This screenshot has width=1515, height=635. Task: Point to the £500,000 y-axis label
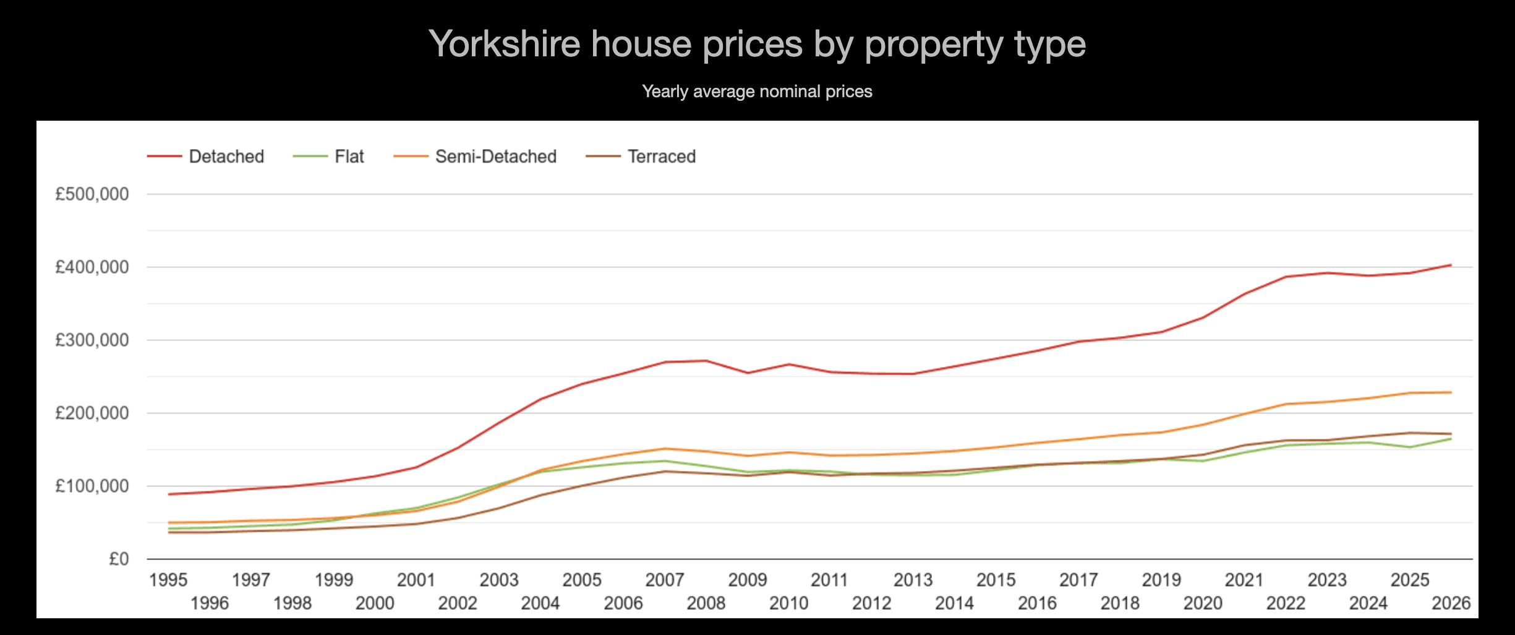pos(92,194)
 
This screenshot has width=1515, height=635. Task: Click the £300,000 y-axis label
pos(92,340)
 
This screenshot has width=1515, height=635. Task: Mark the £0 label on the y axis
pos(119,559)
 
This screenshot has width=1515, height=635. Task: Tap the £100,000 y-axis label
pos(92,486)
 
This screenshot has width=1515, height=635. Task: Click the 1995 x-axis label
pos(168,580)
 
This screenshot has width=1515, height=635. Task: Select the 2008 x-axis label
pos(706,603)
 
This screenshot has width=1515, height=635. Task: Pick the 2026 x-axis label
pos(1451,603)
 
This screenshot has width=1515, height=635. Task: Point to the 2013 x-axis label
pos(913,580)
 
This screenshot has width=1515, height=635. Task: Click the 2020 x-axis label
pos(1203,603)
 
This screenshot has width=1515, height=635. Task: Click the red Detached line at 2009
pos(748,373)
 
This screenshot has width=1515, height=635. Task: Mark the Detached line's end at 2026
pos(1451,265)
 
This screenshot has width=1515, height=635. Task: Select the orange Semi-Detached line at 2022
pos(1286,404)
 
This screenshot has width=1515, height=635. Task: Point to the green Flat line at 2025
pos(1410,447)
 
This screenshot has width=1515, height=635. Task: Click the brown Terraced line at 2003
pos(499,508)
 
